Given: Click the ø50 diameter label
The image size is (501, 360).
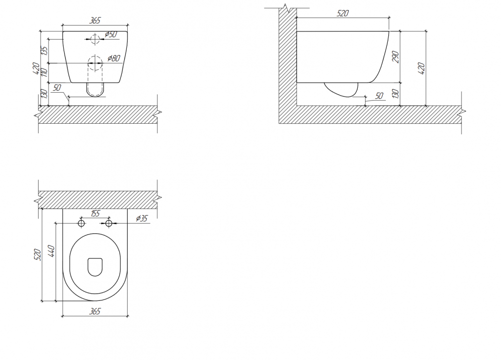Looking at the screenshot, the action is pos(111,34).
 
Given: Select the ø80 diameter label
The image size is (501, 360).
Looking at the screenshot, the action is pos(114,58).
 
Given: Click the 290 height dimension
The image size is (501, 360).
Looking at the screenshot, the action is pos(396,57).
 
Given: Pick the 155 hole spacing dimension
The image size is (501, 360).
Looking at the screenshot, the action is pos(95,213).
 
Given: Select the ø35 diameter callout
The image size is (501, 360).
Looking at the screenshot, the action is pos(142,218).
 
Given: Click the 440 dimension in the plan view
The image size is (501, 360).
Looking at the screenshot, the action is pos(51,251).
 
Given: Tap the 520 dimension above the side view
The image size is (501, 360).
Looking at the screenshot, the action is pos(343,13).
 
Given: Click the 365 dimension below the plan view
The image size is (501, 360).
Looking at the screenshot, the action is pos(95,311).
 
